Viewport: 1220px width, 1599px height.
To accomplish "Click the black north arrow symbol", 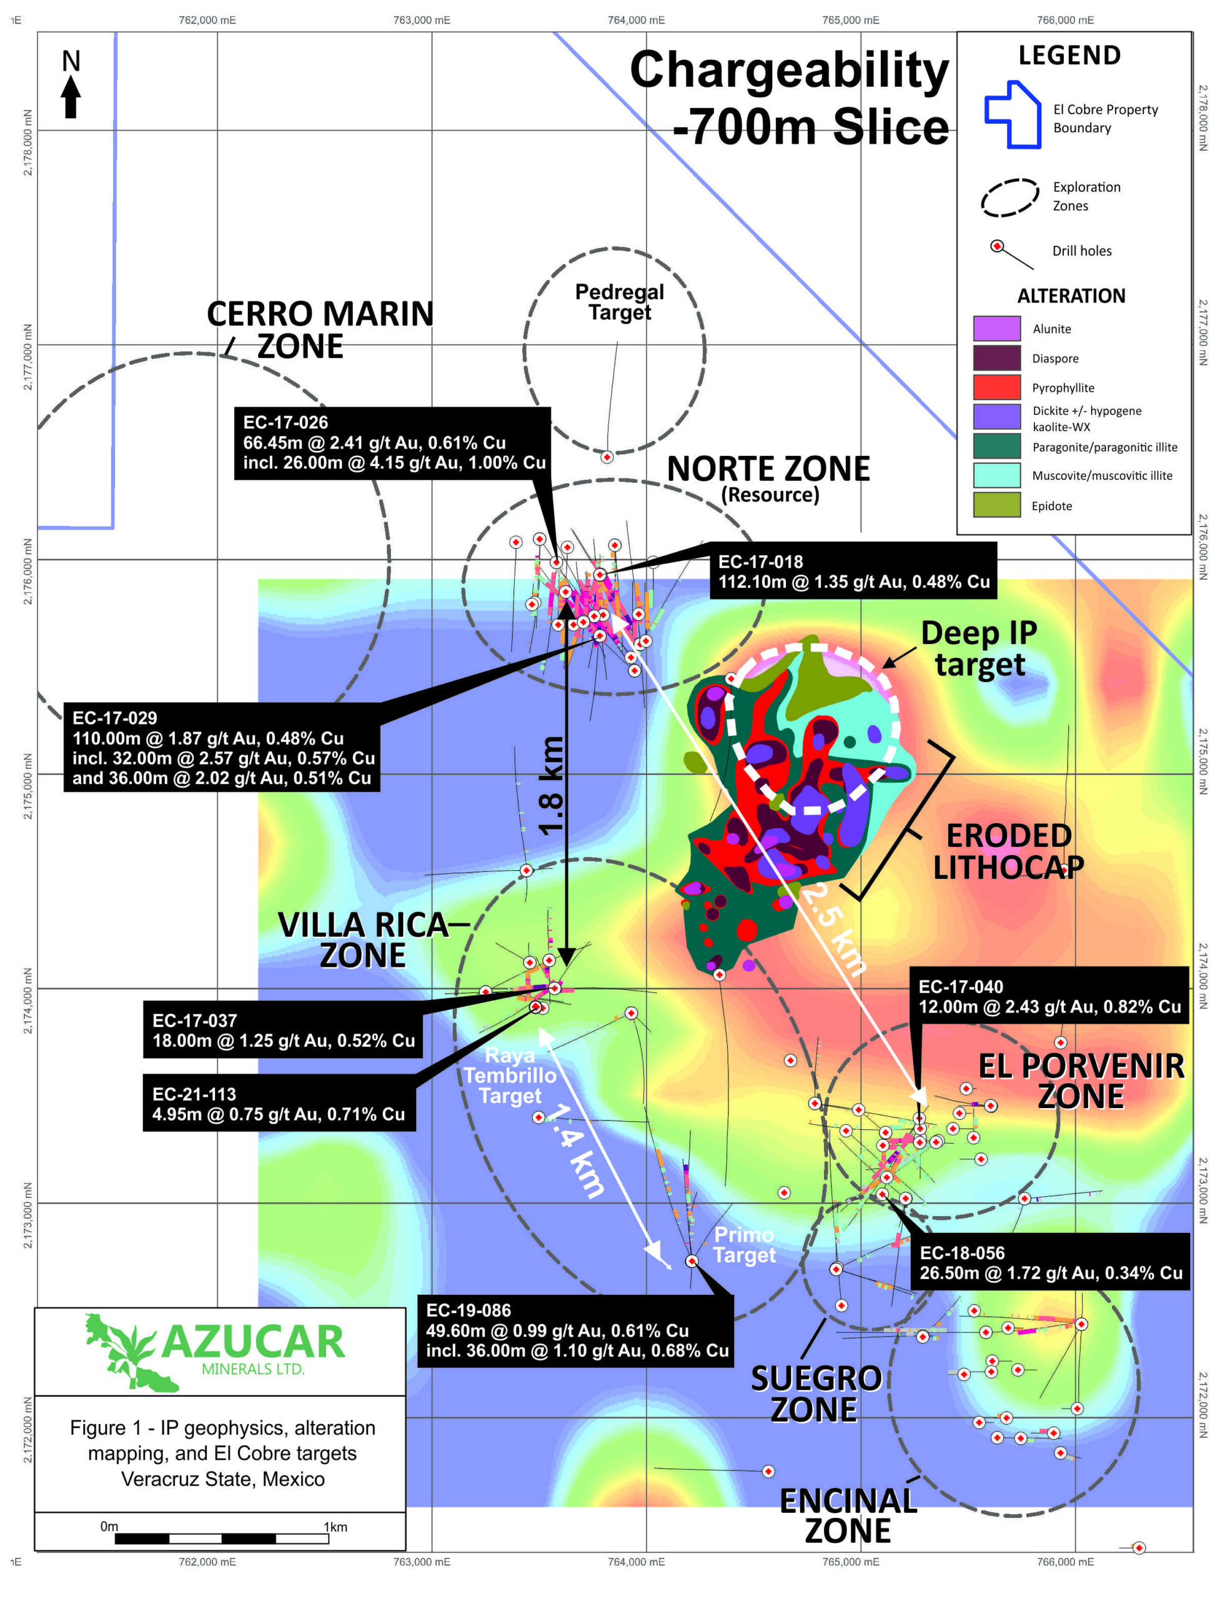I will point(71,97).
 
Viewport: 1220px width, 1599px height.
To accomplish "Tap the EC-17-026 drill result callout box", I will point(392,443).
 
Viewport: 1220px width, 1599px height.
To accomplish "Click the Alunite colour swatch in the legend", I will point(996,328).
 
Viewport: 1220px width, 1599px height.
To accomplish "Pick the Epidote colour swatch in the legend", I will point(996,505).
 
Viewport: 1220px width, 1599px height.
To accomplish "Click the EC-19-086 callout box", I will point(575,1330).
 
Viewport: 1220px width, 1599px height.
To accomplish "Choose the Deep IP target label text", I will point(979,648).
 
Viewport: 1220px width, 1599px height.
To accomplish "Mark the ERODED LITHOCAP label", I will point(1008,851).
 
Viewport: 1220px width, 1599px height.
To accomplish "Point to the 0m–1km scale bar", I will point(222,1538).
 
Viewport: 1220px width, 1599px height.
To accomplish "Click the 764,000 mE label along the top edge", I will point(635,19).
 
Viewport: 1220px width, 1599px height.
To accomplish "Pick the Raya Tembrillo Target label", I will point(510,1076).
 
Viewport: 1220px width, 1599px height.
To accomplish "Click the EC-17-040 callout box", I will point(1049,997).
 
